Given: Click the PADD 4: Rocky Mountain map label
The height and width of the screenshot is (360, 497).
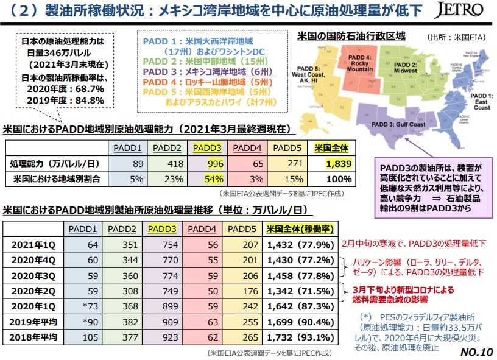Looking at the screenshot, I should (360, 63).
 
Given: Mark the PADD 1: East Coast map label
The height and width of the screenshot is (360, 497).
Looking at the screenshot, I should (481, 102).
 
